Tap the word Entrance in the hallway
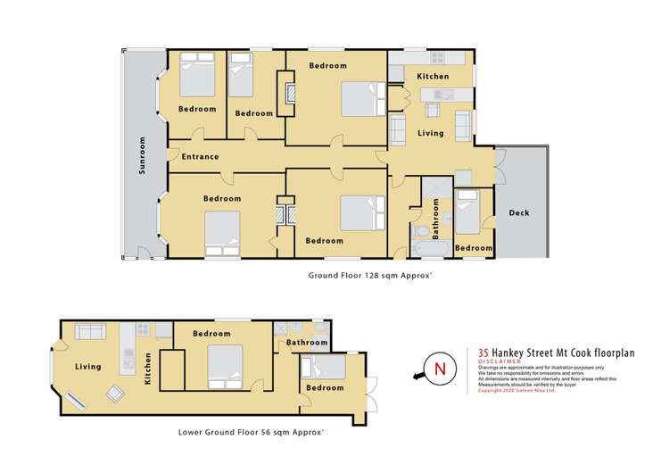200,157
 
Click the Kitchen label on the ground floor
433,77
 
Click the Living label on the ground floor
432,133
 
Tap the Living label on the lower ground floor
88,367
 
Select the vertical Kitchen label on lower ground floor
148,368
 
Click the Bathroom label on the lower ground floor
306,343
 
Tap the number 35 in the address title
484,352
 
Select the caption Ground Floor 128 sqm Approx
370,276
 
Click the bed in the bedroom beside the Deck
467,212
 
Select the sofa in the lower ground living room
91,332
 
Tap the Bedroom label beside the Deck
473,248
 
